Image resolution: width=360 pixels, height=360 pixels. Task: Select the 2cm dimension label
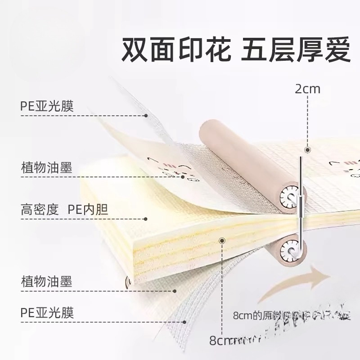coord(307,88)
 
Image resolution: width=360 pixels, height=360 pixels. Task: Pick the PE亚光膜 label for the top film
coord(47,107)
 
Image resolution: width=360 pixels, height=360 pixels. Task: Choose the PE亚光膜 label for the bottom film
coord(47,312)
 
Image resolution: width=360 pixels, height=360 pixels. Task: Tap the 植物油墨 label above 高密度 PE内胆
coord(46,167)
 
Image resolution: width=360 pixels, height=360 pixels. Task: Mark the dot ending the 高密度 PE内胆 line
coord(145,219)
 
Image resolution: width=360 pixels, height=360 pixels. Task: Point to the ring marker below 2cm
coord(308,150)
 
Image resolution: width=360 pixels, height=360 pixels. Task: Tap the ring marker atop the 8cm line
coord(221,242)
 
